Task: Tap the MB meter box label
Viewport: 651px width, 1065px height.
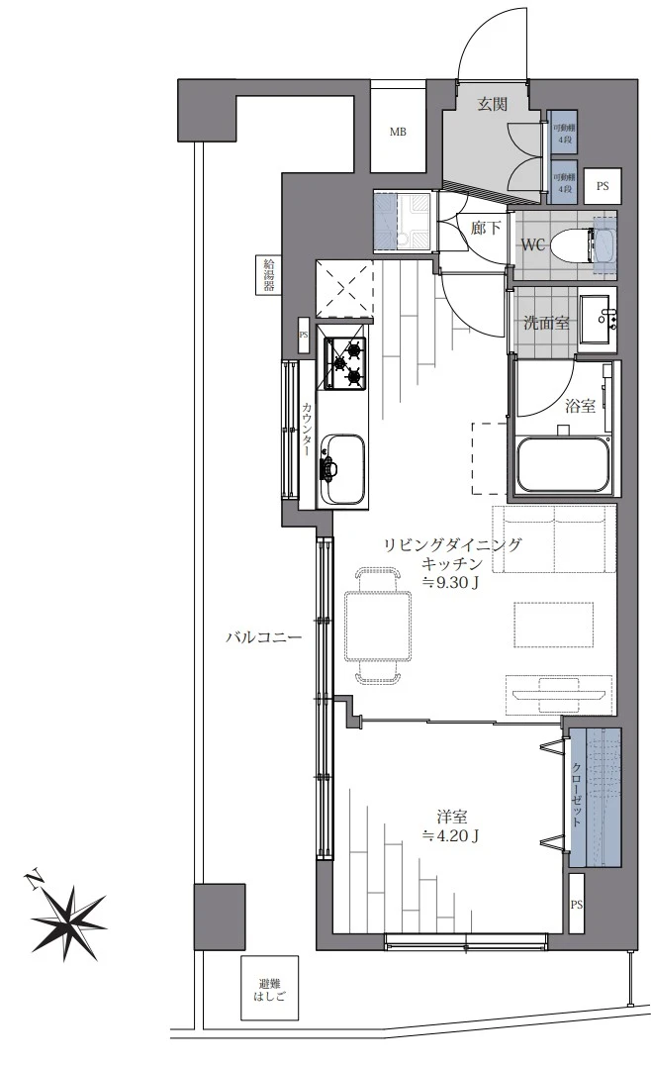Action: click(397, 133)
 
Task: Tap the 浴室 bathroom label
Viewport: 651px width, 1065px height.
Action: click(580, 405)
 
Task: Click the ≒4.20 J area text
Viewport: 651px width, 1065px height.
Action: click(451, 836)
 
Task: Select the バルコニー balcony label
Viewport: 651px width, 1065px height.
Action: click(262, 637)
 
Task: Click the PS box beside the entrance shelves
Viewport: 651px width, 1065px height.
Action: click(602, 185)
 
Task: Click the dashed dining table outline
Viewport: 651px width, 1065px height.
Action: click(378, 626)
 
